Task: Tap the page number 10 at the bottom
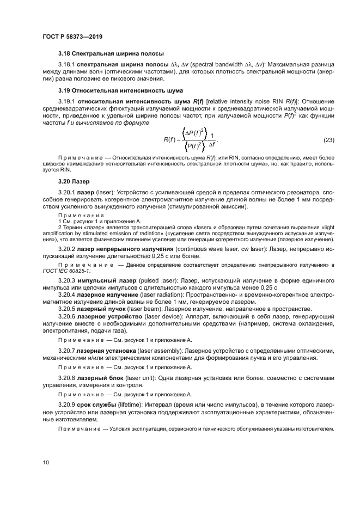point(46,462)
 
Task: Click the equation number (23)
point(328,140)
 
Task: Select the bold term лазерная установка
point(107,352)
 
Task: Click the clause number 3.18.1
point(66,65)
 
